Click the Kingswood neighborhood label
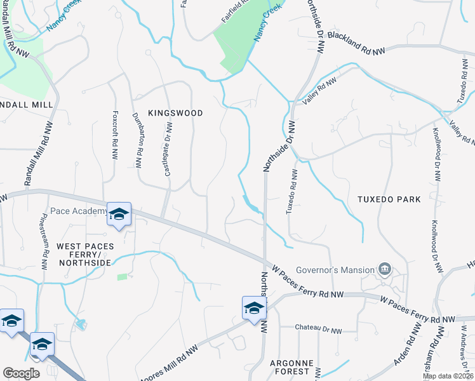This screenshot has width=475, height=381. coord(175,113)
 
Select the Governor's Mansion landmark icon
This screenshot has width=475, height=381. coord(385,270)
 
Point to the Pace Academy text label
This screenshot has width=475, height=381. coord(78,211)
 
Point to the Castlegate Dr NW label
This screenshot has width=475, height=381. coord(170,150)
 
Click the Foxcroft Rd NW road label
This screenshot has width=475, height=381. coord(115,136)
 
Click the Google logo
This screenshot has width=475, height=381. coord(21,373)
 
